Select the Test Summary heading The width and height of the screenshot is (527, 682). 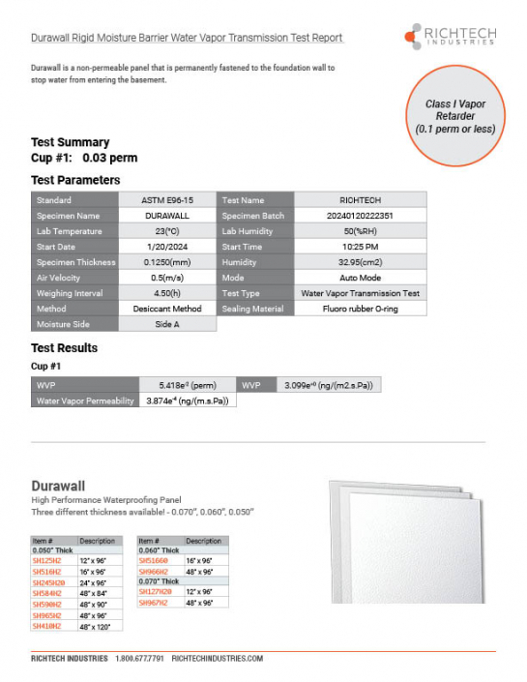[x=71, y=142]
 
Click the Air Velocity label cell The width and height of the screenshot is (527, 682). [x=75, y=278]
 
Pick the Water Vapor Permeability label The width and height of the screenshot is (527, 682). [x=85, y=400]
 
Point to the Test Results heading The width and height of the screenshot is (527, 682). [x=64, y=348]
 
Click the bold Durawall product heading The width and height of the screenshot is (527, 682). [x=59, y=485]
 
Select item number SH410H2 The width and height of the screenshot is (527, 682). [x=49, y=627]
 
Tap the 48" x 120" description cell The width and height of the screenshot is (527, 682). [x=96, y=627]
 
